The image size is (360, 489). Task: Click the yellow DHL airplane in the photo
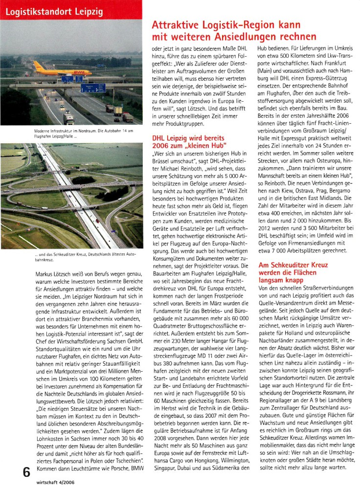point(54,69)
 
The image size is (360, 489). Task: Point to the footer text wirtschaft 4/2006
point(58,482)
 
